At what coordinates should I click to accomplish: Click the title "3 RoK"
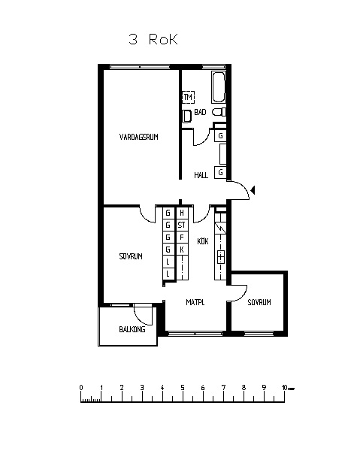pos(153,39)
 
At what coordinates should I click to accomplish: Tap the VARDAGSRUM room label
pos(139,137)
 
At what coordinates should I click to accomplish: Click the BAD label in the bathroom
pos(200,112)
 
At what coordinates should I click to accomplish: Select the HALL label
pos(201,175)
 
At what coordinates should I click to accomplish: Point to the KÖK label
pos(203,241)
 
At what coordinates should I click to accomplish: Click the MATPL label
pos(195,302)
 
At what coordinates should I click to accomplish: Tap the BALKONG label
pos(132,329)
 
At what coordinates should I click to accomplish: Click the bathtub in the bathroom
pos(219,87)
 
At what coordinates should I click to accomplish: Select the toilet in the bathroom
pos(219,112)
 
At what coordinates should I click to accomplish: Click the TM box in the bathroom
pos(188,96)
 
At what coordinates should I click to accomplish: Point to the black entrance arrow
pos(253,190)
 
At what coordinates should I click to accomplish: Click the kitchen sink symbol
pos(221,257)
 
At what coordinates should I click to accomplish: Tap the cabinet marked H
pos(182,213)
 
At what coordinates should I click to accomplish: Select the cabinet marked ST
pos(182,225)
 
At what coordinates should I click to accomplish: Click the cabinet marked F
pos(182,237)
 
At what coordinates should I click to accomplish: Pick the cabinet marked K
pos(182,250)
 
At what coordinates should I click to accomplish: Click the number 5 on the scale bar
pos(183,388)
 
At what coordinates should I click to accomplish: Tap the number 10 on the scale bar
pos(284,388)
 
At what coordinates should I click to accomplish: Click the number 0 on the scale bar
pos(81,388)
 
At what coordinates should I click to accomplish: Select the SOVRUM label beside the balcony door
pos(131,256)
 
